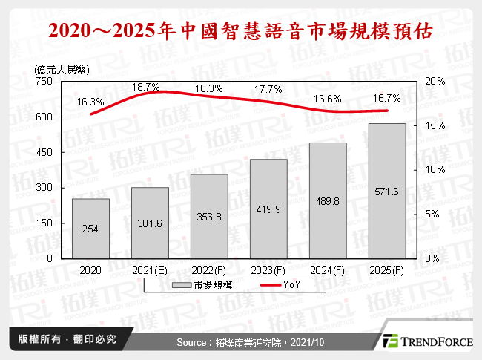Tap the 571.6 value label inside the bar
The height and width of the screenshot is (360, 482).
[x=386, y=192]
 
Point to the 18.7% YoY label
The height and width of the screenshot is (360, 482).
[x=145, y=88]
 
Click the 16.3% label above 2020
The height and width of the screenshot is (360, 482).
[x=90, y=102]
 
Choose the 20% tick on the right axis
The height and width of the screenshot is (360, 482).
[x=435, y=82]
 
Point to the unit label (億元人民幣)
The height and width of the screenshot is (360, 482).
[x=62, y=69]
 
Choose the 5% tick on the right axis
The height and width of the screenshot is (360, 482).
[x=432, y=214]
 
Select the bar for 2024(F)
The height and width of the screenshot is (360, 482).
[x=327, y=200]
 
